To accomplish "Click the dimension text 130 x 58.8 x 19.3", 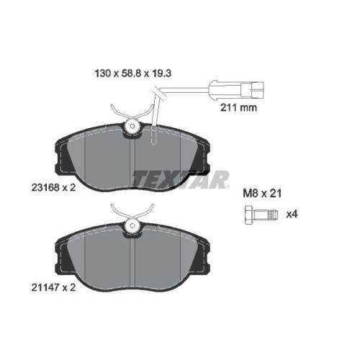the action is coord(133,73).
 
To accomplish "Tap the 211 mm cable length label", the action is coord(238,108).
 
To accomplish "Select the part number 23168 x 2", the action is coord(53,187).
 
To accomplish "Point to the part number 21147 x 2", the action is coord(53,287).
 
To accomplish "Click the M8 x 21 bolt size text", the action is coord(262,194).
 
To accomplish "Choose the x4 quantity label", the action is coord(292,215).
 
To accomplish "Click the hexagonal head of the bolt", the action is coord(250,215).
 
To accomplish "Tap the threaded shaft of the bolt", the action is coord(266,215).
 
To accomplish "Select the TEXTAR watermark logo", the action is coord(181,179).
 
